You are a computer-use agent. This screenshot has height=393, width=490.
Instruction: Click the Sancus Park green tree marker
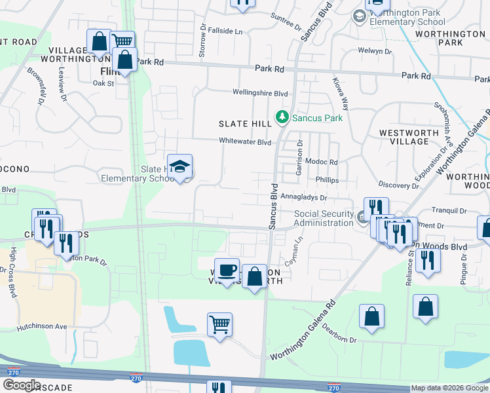(x=282, y=118)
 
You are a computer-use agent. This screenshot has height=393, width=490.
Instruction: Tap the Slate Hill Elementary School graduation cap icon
(x=179, y=166)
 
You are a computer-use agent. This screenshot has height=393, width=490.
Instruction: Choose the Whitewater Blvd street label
(x=244, y=141)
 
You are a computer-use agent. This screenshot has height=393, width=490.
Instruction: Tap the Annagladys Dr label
(x=303, y=196)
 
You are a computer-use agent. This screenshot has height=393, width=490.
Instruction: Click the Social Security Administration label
(x=324, y=218)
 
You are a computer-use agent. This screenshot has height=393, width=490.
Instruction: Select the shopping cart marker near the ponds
(x=219, y=324)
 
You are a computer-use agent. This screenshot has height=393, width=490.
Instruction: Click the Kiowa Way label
(x=345, y=91)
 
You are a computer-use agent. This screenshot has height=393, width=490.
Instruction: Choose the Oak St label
(x=103, y=83)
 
